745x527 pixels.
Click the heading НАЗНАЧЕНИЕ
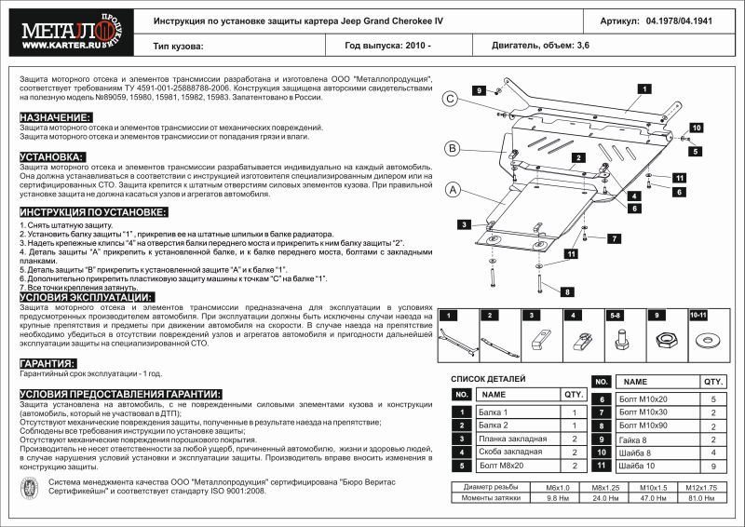[55, 117]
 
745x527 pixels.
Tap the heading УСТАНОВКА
[51, 156]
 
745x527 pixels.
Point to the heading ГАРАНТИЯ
[47, 363]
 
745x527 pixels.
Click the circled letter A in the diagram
[453, 192]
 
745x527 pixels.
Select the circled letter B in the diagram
[452, 148]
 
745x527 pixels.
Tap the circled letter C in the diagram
[449, 100]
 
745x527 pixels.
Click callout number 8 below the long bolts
[566, 291]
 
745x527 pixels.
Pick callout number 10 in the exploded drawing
[696, 127]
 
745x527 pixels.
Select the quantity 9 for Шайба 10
[713, 466]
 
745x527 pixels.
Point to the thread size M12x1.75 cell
[699, 487]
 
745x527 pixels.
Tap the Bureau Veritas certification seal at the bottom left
[28, 488]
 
